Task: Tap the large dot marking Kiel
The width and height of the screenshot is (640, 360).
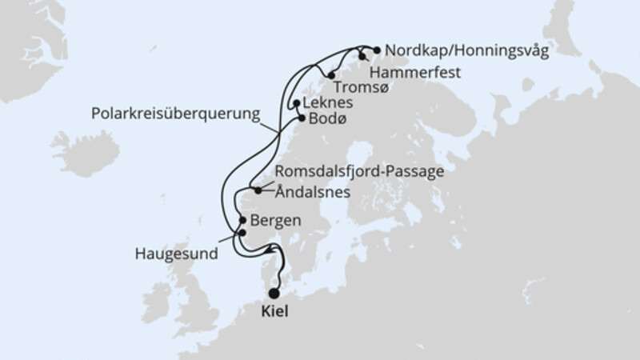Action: (275, 294)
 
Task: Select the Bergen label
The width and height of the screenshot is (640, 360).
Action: (276, 219)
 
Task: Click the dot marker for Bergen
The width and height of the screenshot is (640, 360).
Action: (242, 220)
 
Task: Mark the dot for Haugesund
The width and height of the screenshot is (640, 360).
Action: (242, 233)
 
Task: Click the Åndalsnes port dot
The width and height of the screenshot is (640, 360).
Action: (257, 190)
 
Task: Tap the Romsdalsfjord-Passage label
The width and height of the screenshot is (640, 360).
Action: (359, 171)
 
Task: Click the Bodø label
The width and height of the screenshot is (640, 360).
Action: (325, 119)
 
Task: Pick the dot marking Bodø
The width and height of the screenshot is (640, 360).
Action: (302, 118)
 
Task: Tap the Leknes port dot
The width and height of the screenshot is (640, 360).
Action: (297, 103)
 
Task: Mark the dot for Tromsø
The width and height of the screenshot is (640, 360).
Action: (330, 76)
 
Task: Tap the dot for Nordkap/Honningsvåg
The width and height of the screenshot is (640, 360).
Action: (377, 50)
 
